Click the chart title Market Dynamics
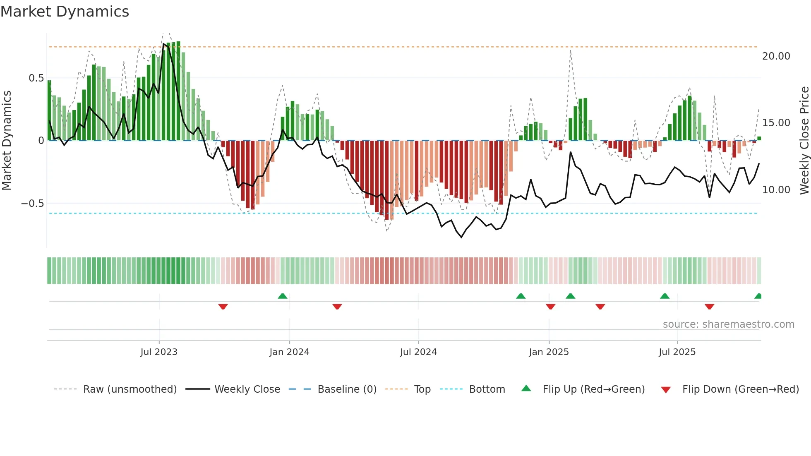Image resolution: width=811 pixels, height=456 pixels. [65, 12]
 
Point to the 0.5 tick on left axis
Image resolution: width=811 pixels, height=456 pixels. [36, 78]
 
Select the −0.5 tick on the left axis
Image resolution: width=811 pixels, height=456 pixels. [32, 204]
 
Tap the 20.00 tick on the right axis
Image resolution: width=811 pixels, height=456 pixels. [776, 56]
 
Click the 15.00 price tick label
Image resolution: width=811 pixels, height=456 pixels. [776, 123]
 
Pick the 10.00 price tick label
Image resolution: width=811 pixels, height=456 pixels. [776, 190]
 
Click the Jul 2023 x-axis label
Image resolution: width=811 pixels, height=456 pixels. [159, 352]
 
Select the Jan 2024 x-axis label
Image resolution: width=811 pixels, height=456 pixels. [289, 352]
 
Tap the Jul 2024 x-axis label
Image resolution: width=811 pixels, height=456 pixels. [418, 352]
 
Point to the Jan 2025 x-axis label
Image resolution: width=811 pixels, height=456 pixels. [549, 352]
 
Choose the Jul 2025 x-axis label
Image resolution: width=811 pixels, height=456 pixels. [677, 352]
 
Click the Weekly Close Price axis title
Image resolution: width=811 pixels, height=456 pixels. [804, 140]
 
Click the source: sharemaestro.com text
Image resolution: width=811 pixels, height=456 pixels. [728, 324]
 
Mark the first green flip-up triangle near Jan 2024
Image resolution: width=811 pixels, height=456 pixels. [283, 296]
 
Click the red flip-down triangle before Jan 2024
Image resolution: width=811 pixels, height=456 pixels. [223, 307]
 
